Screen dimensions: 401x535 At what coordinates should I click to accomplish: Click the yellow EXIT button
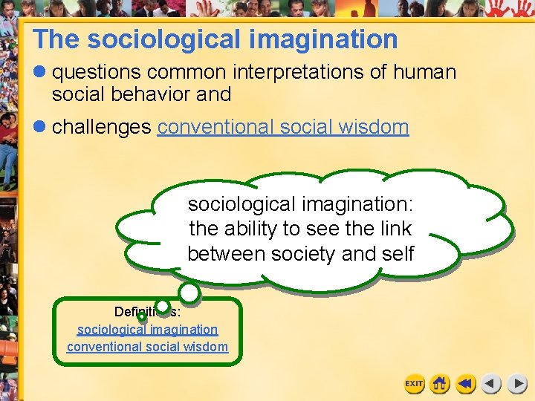(x=414, y=384)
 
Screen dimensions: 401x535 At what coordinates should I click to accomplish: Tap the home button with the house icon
(x=440, y=384)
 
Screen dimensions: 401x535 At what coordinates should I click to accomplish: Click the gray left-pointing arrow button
(x=491, y=384)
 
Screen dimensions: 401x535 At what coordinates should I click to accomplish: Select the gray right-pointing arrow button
(x=517, y=384)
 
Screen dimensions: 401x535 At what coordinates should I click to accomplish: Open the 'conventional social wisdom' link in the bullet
(x=282, y=127)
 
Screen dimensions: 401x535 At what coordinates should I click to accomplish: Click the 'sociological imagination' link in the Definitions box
(x=148, y=329)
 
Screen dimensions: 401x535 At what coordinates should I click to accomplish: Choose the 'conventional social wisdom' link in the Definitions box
(x=148, y=346)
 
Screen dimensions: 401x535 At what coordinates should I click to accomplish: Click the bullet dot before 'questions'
(x=40, y=72)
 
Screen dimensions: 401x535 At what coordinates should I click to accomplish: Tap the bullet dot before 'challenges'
(x=40, y=127)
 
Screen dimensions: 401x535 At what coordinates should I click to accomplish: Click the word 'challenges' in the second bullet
(x=101, y=127)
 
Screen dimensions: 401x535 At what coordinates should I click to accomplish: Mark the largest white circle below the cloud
(x=189, y=293)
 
